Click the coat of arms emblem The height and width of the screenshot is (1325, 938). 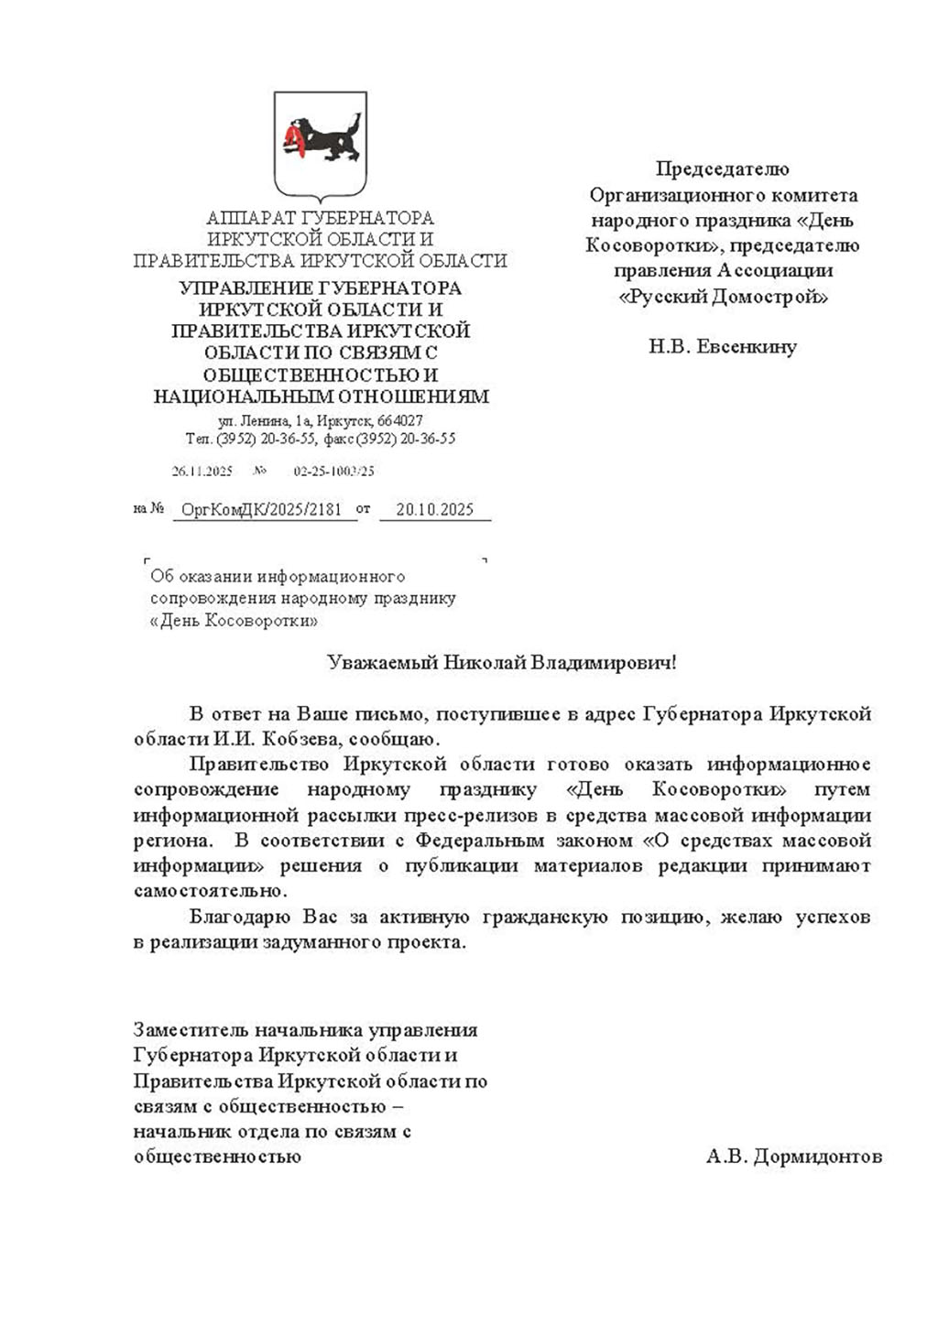(x=320, y=145)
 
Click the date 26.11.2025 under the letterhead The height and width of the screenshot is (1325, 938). (x=202, y=472)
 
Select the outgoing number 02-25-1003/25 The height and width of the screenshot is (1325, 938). (x=333, y=472)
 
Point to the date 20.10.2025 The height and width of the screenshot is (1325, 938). (x=434, y=510)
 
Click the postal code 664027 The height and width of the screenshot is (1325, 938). (x=400, y=421)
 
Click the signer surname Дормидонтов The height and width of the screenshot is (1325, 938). (x=818, y=1157)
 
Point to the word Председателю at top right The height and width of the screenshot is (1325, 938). (x=723, y=168)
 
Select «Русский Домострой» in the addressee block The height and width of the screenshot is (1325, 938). (x=723, y=297)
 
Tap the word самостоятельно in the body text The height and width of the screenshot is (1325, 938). (x=210, y=891)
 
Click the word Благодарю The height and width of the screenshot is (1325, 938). (x=235, y=917)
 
